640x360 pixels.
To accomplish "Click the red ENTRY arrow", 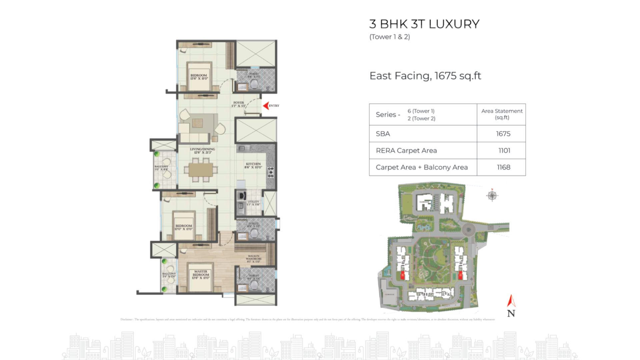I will (266, 106).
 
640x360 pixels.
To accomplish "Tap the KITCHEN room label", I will (253, 166).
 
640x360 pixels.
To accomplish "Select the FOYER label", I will (239, 104).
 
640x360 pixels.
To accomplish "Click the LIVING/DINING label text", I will (202, 151).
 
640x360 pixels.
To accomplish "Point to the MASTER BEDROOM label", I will (201, 275).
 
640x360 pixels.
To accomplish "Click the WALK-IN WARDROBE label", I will (254, 259).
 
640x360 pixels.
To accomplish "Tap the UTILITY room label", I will (253, 203).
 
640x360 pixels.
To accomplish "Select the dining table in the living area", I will (201, 170).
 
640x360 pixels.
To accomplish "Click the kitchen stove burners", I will (271, 172).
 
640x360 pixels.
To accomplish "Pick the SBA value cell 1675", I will (503, 134).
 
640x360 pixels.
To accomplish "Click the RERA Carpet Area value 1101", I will (504, 151).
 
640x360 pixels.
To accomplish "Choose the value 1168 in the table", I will (503, 167).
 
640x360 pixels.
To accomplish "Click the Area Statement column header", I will (502, 114).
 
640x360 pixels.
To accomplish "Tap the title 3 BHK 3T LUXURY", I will (424, 24).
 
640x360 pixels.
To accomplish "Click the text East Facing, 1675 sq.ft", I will (425, 76).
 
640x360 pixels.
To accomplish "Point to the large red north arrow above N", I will (511, 301).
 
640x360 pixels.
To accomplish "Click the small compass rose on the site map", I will (492, 195).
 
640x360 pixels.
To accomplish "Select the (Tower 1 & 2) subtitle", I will (389, 37).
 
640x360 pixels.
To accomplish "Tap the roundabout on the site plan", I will (468, 229).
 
